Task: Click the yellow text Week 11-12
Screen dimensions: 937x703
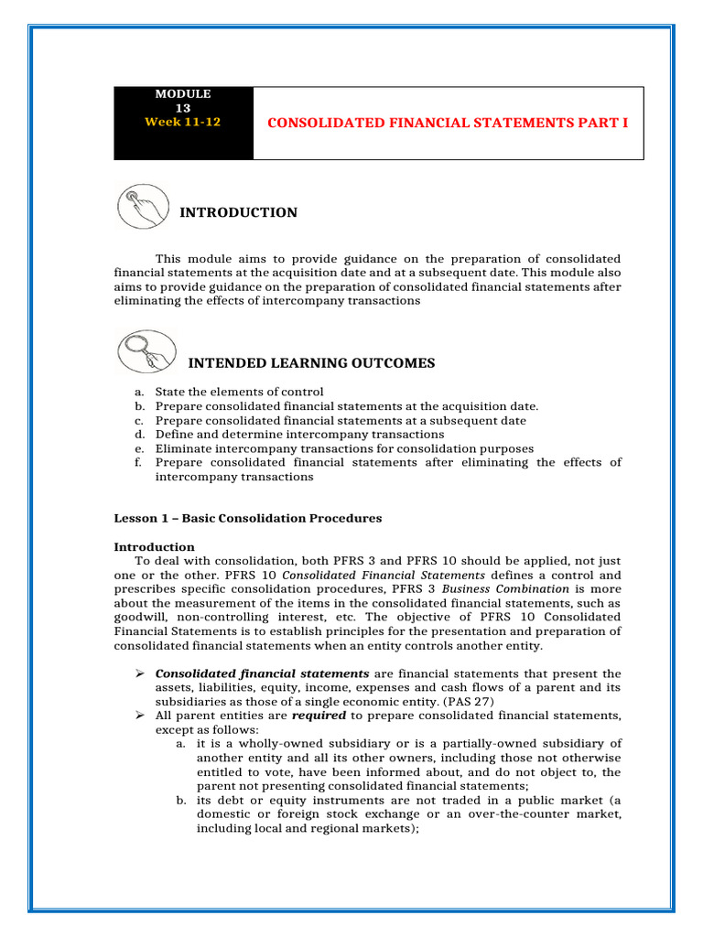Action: (182, 121)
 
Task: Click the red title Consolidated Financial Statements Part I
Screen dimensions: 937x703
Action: (448, 122)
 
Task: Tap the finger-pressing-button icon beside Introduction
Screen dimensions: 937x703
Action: (143, 207)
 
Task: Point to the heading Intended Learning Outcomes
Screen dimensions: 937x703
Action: (310, 363)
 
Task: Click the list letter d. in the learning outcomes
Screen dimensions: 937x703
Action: (139, 435)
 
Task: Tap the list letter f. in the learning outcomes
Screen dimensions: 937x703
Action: (139, 463)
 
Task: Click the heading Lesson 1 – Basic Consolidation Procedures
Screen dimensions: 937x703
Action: (247, 518)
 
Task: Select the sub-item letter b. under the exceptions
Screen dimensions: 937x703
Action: (180, 799)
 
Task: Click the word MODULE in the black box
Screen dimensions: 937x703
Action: (182, 94)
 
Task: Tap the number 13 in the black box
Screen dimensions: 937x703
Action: (182, 107)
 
